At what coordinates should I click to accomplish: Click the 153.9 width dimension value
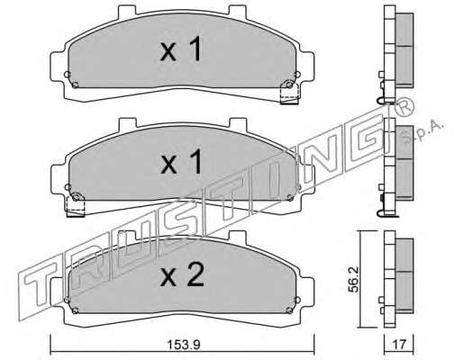click(x=183, y=345)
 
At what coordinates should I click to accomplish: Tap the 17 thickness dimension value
click(x=399, y=345)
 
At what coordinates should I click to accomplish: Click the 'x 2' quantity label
click(x=182, y=274)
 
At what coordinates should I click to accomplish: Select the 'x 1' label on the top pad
click(x=181, y=49)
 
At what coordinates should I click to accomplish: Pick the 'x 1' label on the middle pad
click(x=181, y=162)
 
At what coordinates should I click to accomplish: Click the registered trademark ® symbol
click(x=404, y=107)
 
